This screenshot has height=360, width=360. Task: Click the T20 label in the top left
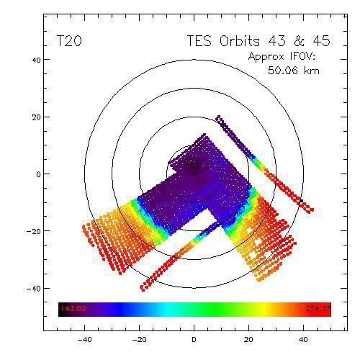coord(69,42)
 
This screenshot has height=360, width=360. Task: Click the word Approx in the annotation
coord(266,57)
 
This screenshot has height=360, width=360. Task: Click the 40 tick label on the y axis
coord(34,60)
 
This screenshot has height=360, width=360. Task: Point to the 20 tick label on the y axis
coord(34,117)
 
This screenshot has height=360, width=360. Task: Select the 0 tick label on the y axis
coord(37,174)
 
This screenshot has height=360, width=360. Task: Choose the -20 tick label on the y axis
coord(31,231)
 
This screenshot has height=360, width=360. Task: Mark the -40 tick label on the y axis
coord(31,288)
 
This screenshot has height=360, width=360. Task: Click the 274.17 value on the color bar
coord(317,310)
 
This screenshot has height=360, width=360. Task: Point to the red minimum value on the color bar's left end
coord(72,310)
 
